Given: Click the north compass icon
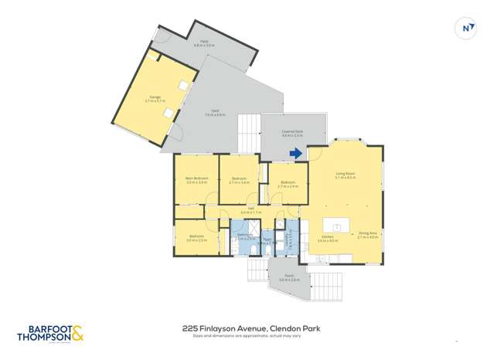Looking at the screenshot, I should click(466, 29).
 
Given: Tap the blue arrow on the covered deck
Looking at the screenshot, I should click(295, 154).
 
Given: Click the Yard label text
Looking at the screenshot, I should click(215, 111).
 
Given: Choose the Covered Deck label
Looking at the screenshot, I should click(291, 132).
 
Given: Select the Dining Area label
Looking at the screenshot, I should click(367, 233).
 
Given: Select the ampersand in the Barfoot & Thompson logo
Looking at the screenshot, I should click(77, 334).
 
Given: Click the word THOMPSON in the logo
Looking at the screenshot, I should click(44, 338).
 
